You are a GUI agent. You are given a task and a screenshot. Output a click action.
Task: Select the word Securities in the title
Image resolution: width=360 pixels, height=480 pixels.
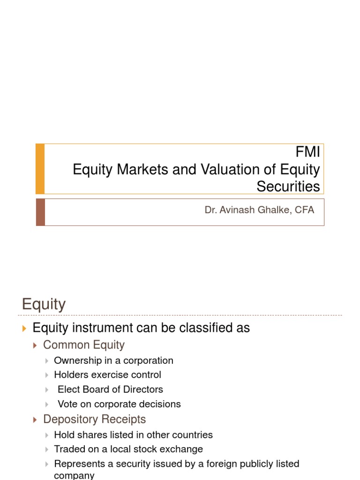[288, 186]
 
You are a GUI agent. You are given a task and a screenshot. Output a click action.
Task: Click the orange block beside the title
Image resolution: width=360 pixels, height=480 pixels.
[40, 169]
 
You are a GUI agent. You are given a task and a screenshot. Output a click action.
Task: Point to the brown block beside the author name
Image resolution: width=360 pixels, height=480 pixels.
[40, 212]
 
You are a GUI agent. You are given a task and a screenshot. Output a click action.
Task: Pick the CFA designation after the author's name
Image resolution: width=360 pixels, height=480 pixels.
[305, 210]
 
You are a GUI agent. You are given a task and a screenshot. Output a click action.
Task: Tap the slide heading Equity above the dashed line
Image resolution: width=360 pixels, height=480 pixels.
[44, 304]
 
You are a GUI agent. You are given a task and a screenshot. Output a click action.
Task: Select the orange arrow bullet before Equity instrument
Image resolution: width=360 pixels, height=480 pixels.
[25, 328]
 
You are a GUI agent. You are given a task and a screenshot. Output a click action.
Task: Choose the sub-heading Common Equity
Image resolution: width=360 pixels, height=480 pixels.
[84, 345]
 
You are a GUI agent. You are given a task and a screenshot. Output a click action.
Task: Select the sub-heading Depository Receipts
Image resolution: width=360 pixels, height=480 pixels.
[94, 419]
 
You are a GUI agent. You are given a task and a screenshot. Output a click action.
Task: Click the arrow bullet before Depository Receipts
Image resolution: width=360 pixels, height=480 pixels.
[35, 420]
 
